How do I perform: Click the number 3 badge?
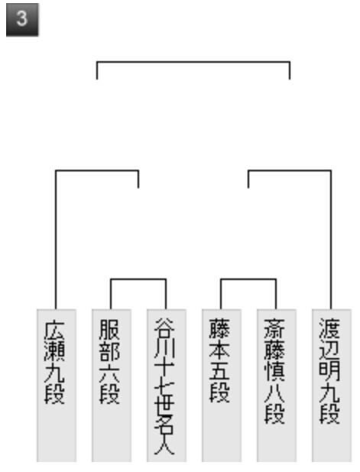tap(22, 20)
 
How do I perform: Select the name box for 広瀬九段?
tap(57, 386)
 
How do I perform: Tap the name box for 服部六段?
tap(112, 386)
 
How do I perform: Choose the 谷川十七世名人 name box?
tap(167, 386)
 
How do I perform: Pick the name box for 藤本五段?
tap(222, 386)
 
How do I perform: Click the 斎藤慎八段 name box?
tap(277, 386)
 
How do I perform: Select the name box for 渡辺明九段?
tap(332, 386)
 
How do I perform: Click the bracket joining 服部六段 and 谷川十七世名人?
tap(138, 279)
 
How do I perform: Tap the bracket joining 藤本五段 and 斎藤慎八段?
tap(248, 279)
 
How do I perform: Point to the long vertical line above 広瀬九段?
tap(56, 239)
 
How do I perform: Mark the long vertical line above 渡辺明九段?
tap(331, 239)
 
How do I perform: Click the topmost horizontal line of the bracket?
tap(193, 62)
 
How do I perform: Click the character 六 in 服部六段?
tap(110, 373)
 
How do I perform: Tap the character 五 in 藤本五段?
tap(219, 372)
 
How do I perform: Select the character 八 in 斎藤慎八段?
tap(274, 393)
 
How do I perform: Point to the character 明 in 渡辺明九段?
tap(329, 372)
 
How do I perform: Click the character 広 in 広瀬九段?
tap(55, 330)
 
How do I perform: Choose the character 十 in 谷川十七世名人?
tap(164, 372)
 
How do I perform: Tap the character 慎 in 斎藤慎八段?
tap(274, 372)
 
